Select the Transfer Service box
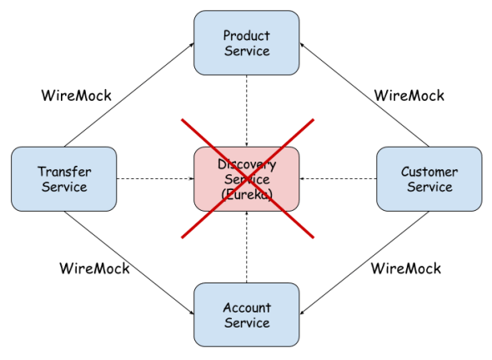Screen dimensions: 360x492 click(x=64, y=179)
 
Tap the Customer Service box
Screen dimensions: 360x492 click(x=429, y=179)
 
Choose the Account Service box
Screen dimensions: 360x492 click(x=246, y=315)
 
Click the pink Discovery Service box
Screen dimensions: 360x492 click(x=247, y=179)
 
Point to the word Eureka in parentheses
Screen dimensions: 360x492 click(x=246, y=193)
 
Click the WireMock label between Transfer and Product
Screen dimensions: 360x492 click(x=76, y=95)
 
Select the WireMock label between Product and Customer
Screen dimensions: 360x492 click(x=409, y=95)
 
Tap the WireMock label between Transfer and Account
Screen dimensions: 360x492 click(x=95, y=268)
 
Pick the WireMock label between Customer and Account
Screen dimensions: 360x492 click(x=405, y=268)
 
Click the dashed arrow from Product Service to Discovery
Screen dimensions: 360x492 click(x=247, y=108)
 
